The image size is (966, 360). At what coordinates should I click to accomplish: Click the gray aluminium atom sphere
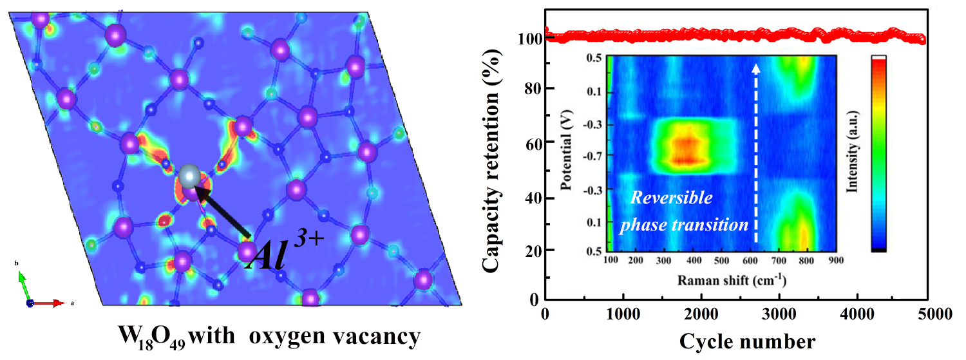coord(189,175)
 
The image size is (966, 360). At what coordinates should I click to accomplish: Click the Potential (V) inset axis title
coord(567,155)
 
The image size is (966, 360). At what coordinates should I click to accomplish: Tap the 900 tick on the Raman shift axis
coord(836,261)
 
